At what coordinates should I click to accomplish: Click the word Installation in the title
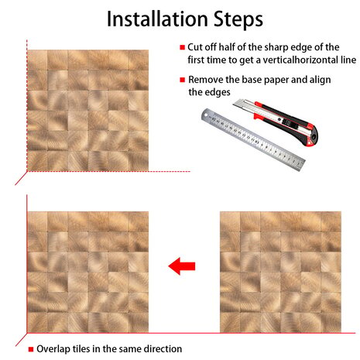pyautogui.click(x=157, y=19)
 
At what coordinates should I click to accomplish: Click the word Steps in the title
pyautogui.click(x=238, y=20)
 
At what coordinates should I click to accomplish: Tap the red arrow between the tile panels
pyautogui.click(x=182, y=266)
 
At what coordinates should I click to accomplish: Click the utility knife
pyautogui.click(x=276, y=122)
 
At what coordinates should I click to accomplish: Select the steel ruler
pyautogui.click(x=253, y=139)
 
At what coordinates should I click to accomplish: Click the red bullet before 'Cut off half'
pyautogui.click(x=183, y=47)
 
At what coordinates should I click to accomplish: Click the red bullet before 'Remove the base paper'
pyautogui.click(x=183, y=80)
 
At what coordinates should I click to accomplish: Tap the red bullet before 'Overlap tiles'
pyautogui.click(x=31, y=349)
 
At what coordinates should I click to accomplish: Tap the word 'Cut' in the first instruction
pyautogui.click(x=195, y=47)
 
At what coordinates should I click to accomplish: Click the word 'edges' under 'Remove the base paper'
pyautogui.click(x=218, y=92)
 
